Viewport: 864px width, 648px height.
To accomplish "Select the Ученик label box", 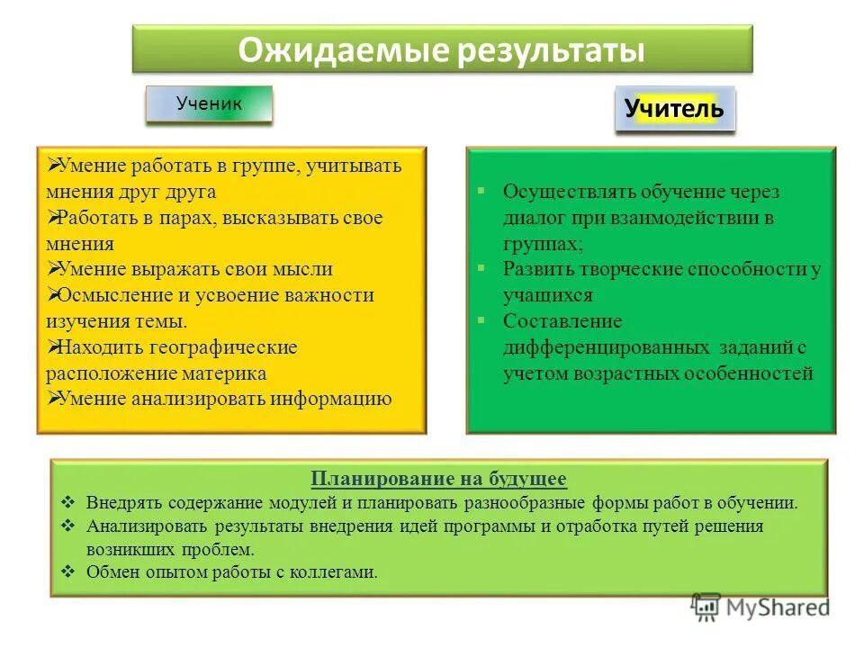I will point(209,104).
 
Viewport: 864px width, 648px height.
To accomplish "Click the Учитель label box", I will point(674,109).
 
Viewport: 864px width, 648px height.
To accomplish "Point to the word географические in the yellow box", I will point(216,347).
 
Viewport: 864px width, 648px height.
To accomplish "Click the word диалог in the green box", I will point(533,218).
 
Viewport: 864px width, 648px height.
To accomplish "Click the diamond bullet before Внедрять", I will point(68,503).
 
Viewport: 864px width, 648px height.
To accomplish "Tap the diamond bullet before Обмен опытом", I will point(68,571).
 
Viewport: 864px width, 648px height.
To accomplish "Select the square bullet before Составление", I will point(481,320).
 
